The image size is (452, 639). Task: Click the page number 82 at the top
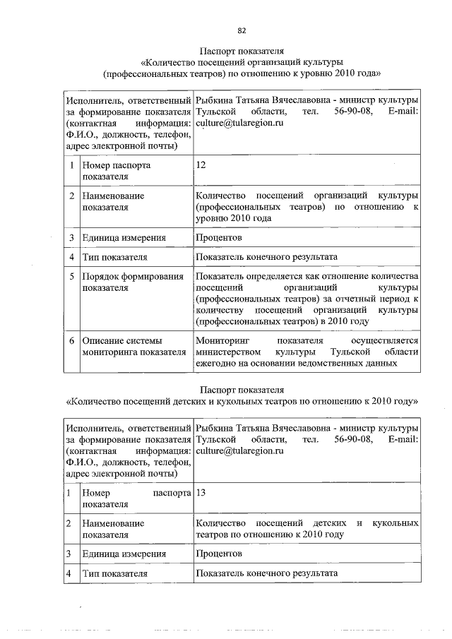(x=242, y=30)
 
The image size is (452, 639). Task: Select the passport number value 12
(x=201, y=165)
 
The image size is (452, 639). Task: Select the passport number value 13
(x=201, y=493)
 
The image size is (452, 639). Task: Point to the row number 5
(x=71, y=276)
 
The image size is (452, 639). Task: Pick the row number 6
(x=71, y=341)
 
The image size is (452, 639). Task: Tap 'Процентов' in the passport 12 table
(x=219, y=237)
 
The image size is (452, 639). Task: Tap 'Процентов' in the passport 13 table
(x=219, y=554)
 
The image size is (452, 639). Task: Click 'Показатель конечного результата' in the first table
(x=267, y=256)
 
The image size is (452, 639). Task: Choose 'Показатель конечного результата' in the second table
(x=267, y=573)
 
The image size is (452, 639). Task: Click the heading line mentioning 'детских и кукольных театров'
(x=242, y=401)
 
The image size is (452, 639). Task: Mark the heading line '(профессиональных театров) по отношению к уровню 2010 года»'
(x=242, y=73)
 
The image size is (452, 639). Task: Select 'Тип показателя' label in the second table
(x=114, y=573)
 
